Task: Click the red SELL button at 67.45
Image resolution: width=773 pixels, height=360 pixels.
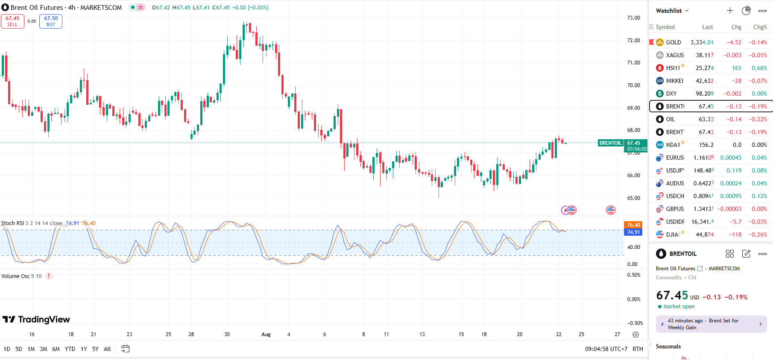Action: (x=12, y=21)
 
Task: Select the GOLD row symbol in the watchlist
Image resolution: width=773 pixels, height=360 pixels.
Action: (x=673, y=42)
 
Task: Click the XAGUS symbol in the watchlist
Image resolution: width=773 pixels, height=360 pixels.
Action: (x=674, y=55)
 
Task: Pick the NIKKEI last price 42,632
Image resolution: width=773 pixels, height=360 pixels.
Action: (x=704, y=81)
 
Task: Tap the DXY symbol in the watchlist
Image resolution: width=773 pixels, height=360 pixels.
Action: (x=671, y=94)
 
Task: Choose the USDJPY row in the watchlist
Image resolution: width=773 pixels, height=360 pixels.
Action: (x=674, y=170)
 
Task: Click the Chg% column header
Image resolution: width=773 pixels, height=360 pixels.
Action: (x=760, y=27)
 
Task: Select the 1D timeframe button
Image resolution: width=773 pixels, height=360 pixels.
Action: (x=7, y=349)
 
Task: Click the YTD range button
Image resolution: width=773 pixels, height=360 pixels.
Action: (x=70, y=349)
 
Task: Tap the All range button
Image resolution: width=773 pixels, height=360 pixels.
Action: (x=107, y=349)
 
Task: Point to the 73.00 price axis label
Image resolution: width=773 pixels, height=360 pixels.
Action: (x=633, y=18)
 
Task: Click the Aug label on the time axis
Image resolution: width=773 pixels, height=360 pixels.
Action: (x=266, y=334)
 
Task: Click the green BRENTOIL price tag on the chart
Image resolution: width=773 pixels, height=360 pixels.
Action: (x=610, y=143)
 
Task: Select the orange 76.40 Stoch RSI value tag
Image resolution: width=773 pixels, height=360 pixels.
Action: (x=633, y=225)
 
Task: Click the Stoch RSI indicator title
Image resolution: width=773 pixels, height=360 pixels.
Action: (x=12, y=223)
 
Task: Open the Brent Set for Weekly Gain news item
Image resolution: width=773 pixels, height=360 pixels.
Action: (x=711, y=324)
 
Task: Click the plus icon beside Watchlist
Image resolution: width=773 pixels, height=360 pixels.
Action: (x=730, y=11)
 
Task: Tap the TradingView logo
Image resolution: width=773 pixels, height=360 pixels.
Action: (x=36, y=319)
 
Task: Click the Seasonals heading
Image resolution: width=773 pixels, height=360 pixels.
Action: (x=668, y=346)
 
